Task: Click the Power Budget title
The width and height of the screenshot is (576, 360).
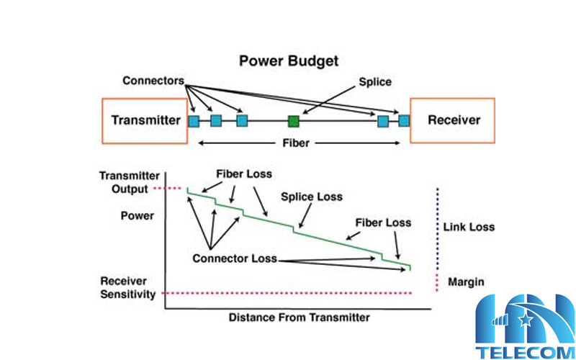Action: [x=289, y=61]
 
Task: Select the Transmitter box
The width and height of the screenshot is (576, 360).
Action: [x=145, y=120]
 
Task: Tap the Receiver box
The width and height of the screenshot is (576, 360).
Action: [x=453, y=120]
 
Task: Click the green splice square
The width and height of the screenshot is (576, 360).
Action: [x=293, y=120]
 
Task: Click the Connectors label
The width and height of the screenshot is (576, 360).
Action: [x=153, y=80]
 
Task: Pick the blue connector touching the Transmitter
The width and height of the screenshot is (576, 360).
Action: [x=194, y=121]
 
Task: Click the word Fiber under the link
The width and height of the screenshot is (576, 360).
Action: [x=295, y=143]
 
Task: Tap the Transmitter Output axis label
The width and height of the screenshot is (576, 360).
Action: [x=124, y=183]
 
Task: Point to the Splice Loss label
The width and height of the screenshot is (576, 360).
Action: [x=312, y=197]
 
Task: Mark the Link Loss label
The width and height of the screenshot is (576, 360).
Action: [x=469, y=227]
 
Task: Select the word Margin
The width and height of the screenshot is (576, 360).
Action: [x=466, y=281]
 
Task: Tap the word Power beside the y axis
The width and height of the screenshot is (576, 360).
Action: [x=137, y=215]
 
